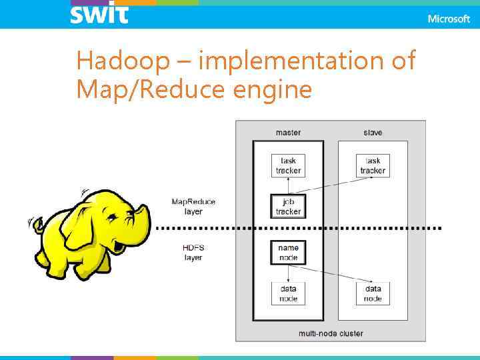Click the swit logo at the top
click(x=99, y=13)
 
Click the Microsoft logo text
click(x=449, y=19)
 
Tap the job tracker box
click(x=288, y=207)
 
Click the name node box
click(x=288, y=252)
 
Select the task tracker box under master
click(x=288, y=165)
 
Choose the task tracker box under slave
click(x=373, y=165)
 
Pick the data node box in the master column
click(x=288, y=293)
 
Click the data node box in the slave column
click(x=373, y=293)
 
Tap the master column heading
click(x=288, y=133)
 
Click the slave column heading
click(x=373, y=133)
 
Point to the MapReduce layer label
click(x=193, y=207)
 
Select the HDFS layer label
click(x=193, y=253)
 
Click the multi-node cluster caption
click(x=331, y=333)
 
